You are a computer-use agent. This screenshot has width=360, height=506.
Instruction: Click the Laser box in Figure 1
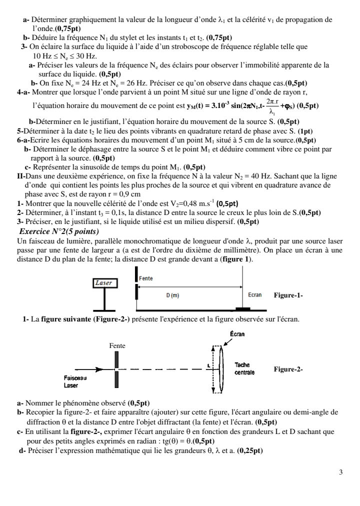click(x=104, y=282)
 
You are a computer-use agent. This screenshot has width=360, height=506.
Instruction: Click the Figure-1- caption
click(x=288, y=295)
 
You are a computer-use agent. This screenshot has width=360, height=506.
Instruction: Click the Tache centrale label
click(x=244, y=369)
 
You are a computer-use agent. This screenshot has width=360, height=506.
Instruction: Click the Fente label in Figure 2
click(x=117, y=345)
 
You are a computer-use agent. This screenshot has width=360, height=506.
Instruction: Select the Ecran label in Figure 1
click(x=255, y=295)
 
